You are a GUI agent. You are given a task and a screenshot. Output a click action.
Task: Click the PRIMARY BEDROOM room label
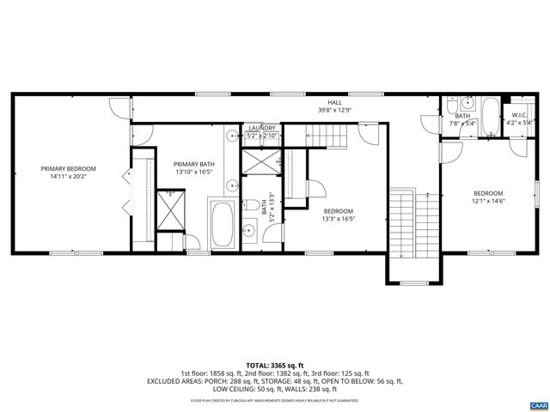pyautogui.click(x=69, y=168)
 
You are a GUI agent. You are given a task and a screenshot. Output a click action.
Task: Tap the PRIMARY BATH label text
pyautogui.click(x=194, y=164)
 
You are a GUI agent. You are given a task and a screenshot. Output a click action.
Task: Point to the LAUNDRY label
pyautogui.click(x=261, y=128)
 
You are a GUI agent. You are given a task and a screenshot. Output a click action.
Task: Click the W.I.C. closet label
pyautogui.click(x=518, y=114)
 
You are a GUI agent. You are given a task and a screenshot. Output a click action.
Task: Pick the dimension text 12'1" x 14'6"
pyautogui.click(x=487, y=202)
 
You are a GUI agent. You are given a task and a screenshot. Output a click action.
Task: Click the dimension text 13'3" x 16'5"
pyautogui.click(x=339, y=219)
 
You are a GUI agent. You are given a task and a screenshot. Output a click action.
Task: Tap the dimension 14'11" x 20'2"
pyautogui.click(x=69, y=177)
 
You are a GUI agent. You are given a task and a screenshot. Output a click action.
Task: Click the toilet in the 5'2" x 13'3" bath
pyautogui.click(x=247, y=206)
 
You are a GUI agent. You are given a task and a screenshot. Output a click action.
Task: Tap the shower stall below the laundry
pyautogui.click(x=261, y=161)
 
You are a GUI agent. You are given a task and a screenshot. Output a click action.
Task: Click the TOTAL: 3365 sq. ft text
pyautogui.click(x=275, y=365)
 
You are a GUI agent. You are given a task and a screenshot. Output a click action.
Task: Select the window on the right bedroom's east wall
pyautogui.click(x=537, y=187)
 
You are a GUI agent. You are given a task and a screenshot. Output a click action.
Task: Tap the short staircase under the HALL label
pyautogui.click(x=327, y=135)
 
